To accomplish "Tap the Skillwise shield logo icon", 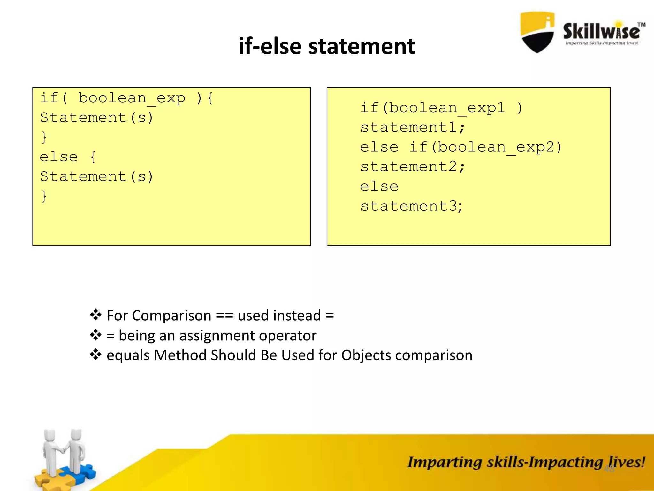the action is click(537, 32).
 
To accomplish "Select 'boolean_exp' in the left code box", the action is click(132, 98).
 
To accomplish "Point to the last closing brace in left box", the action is click(44, 196).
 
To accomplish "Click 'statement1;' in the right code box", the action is click(412, 128).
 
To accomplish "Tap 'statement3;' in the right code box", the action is click(411, 206).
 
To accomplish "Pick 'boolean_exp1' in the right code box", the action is click(446, 108).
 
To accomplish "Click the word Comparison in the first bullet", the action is click(171, 316).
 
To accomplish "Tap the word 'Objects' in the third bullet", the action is click(366, 355).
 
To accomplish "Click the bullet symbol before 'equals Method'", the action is click(95, 355).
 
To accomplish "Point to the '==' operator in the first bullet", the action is click(224, 316).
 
